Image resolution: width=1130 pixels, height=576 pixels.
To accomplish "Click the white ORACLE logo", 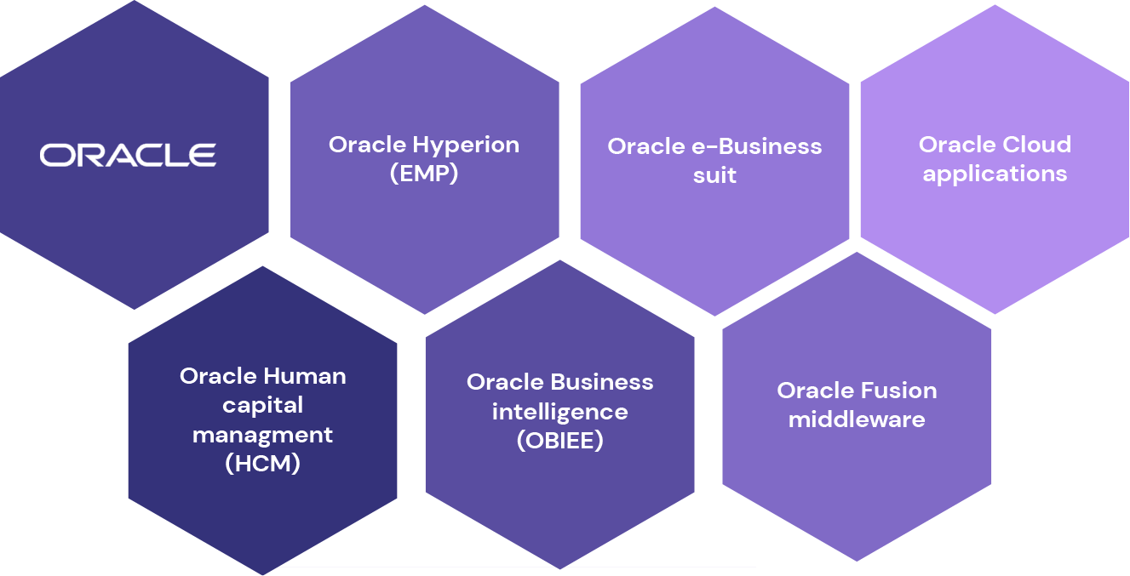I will point(128,155).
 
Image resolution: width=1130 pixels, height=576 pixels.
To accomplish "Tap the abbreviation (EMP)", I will point(424,174).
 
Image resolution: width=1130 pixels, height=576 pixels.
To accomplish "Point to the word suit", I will point(714,176).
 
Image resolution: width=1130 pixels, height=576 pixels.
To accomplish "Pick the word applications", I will point(995,174).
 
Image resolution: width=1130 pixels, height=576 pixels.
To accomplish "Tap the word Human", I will point(304,376).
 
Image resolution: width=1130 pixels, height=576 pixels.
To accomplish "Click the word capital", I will point(262,405).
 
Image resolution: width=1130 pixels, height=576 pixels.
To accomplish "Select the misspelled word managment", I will point(262,435).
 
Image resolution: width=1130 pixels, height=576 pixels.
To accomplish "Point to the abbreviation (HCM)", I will point(262,464).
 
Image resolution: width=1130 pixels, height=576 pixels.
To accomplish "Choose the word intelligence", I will point(559,412).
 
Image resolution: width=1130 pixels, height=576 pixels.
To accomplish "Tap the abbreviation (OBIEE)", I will point(559,442).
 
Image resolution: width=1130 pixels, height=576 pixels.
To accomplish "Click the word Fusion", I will point(897,391).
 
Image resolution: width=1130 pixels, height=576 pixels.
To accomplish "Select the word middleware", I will point(856,419).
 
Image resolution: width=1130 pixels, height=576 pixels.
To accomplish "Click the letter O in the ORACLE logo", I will point(56,155).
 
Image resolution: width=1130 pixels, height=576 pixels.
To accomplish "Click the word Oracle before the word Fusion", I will point(813,391).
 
